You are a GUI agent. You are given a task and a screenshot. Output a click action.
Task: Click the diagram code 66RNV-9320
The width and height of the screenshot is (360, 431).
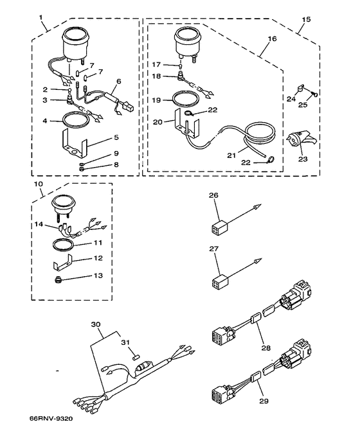click(x=51, y=418)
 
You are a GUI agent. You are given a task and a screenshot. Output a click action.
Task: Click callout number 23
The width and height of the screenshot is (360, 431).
click(x=303, y=159)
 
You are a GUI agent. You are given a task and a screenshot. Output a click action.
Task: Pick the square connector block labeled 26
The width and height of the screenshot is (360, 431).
click(x=221, y=228)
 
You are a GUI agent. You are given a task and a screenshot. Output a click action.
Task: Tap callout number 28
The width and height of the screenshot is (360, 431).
click(x=266, y=348)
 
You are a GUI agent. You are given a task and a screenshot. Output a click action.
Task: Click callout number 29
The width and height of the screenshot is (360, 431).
click(x=264, y=401)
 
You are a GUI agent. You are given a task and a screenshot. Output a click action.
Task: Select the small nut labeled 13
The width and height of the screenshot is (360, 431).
click(x=58, y=280)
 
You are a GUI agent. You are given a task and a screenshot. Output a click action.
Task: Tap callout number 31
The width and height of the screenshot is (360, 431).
click(x=125, y=342)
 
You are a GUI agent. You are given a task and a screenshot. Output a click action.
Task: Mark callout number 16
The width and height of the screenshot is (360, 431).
click(x=272, y=39)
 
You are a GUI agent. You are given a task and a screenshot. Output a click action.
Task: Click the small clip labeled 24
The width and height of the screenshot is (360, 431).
click(x=300, y=88)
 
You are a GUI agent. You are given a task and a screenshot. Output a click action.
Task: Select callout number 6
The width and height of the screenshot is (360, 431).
click(x=118, y=82)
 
